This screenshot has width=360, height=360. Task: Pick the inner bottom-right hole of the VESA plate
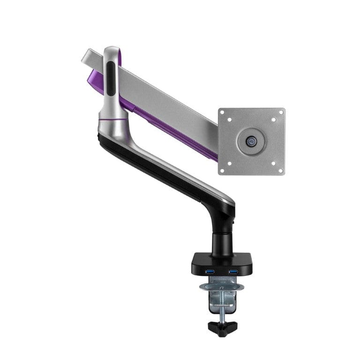(274, 163)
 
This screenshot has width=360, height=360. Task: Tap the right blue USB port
(233, 272)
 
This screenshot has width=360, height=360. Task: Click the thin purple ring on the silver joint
(112, 120)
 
